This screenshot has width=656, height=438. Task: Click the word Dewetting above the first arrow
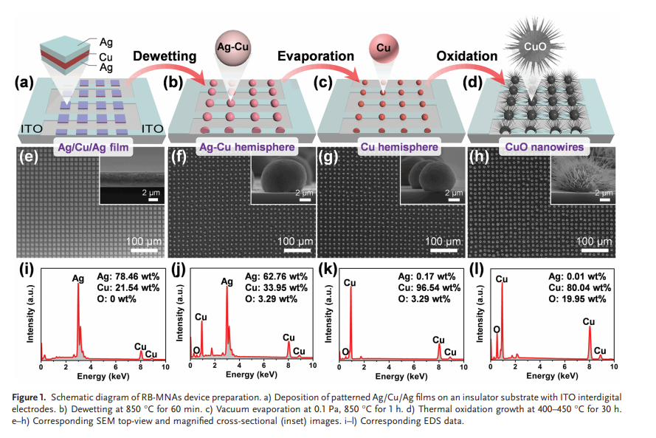coord(165,56)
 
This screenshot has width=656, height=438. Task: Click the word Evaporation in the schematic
coord(315,56)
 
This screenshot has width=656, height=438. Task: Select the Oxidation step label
coord(467,56)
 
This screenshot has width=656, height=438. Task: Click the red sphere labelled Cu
coord(383,48)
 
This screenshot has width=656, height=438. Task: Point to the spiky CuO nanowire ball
coord(535,46)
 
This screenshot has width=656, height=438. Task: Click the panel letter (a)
coord(24,82)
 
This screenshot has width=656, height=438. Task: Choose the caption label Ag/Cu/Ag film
coord(93,148)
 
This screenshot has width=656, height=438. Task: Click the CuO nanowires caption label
coord(545,147)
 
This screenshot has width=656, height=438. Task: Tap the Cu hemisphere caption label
coord(399,147)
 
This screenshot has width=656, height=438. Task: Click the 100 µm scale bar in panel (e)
coord(145,250)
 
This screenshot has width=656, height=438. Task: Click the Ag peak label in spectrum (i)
coord(77,278)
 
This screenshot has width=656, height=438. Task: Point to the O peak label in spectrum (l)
coord(497,329)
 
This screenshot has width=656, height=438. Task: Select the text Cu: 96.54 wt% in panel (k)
coord(429,287)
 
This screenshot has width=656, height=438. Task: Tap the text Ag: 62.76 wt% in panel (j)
coord(276,276)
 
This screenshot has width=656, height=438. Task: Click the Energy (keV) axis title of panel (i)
coord(103,377)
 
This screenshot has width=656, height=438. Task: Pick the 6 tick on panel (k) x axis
coord(414,367)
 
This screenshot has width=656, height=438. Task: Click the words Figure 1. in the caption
coord(29,397)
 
